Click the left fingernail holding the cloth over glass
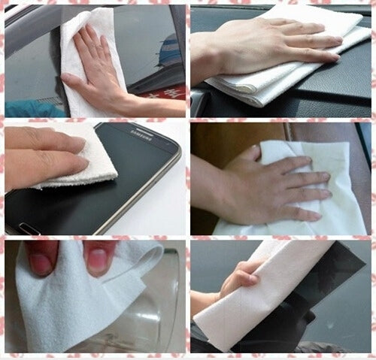coord(42,262)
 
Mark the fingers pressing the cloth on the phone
coord(45,154)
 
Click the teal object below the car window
coord(30,109)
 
